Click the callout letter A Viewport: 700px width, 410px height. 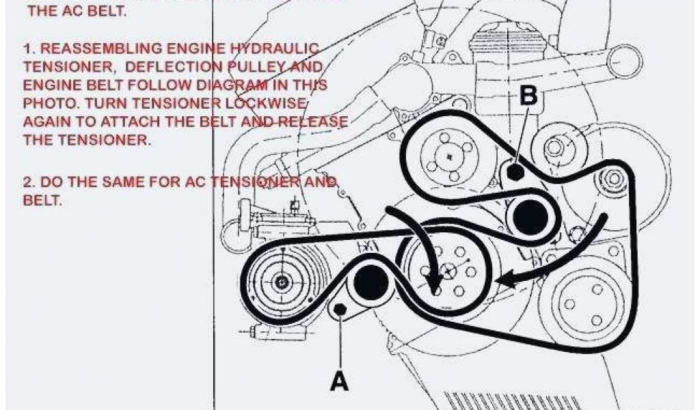click(x=339, y=380)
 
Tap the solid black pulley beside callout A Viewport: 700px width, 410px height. click(x=369, y=282)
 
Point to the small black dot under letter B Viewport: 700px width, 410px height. click(x=516, y=171)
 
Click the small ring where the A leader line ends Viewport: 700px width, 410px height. click(x=340, y=310)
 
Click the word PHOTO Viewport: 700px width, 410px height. click(x=47, y=104)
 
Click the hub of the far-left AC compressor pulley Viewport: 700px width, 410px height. click(x=281, y=281)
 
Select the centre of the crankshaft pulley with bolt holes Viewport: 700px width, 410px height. click(x=448, y=270)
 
